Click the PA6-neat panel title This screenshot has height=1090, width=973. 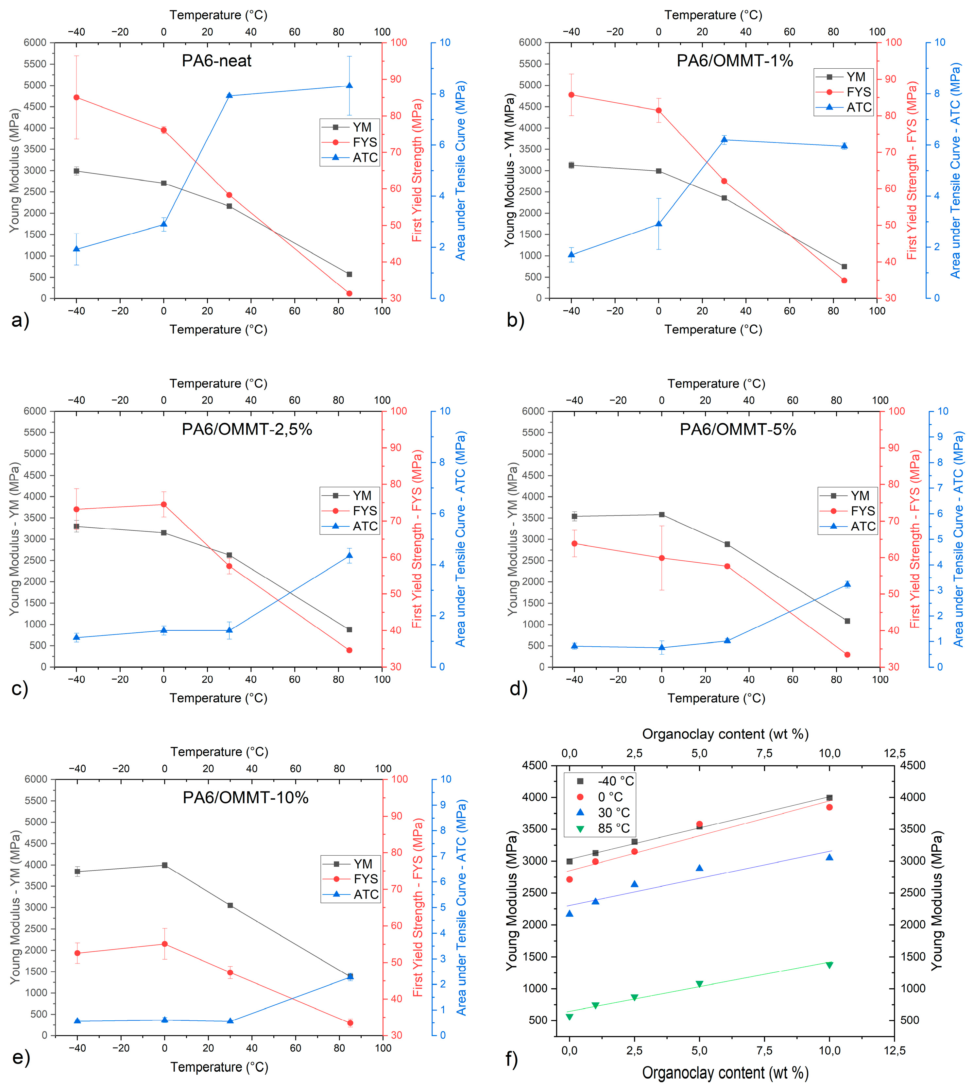pos(216,60)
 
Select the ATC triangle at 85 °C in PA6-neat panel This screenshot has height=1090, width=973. pos(349,86)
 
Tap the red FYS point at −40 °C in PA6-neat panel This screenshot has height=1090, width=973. pos(77,97)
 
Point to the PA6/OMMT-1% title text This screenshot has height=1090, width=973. pos(735,60)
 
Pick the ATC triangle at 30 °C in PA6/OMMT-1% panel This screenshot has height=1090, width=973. pos(724,140)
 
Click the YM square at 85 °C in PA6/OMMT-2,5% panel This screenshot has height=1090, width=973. pos(349,630)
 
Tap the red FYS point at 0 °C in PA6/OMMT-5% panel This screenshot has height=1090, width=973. pos(661,558)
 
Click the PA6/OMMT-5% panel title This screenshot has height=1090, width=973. pos(738,429)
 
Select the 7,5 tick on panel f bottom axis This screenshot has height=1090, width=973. pos(764,1050)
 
